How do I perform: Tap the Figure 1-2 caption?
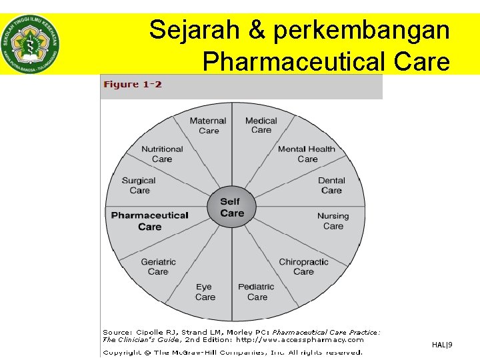(x=133, y=85)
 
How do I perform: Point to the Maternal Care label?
(x=208, y=125)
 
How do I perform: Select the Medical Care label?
(x=261, y=125)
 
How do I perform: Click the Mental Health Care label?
(x=307, y=154)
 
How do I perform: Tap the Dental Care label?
(x=331, y=185)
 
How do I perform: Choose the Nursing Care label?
(x=333, y=221)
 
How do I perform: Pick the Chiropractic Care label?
(x=303, y=267)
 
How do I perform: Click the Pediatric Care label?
(x=256, y=292)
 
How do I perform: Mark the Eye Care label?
(x=205, y=292)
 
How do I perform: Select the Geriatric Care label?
(x=158, y=267)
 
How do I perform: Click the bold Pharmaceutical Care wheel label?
(x=149, y=221)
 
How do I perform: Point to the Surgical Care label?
(x=139, y=185)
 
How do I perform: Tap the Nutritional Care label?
(x=162, y=154)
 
